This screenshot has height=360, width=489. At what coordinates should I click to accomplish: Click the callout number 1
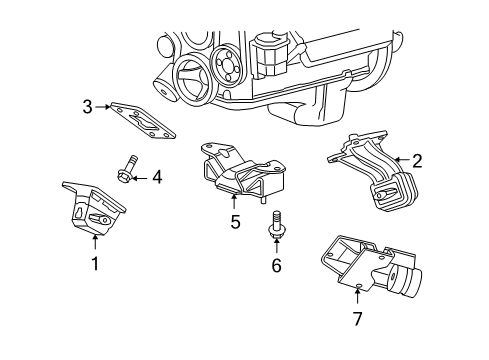(95, 264)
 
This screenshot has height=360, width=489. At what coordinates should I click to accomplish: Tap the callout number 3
(87, 106)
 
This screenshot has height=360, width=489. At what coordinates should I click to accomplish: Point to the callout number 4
(156, 178)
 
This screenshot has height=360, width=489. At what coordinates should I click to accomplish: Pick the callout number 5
(235, 222)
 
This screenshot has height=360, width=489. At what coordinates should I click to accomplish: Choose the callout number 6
(276, 267)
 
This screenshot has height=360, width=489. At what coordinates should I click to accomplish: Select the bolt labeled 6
(275, 226)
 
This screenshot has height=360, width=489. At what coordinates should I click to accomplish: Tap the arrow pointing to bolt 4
(139, 178)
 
